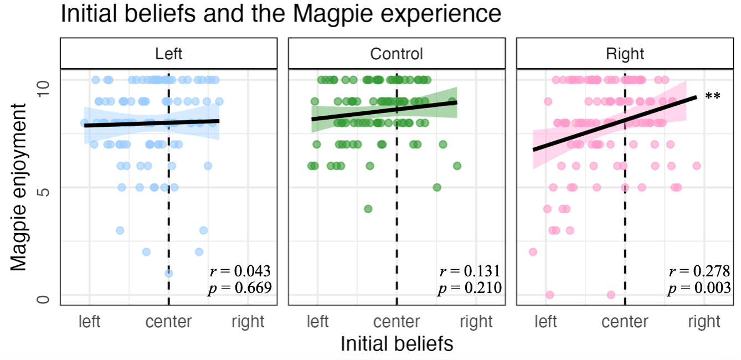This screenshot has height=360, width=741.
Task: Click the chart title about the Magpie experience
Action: click(281, 14)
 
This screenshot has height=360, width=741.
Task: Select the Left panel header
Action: click(168, 54)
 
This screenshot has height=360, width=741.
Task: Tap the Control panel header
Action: click(397, 54)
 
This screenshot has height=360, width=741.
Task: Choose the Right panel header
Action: click(625, 54)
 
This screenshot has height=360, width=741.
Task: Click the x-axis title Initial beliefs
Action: click(397, 344)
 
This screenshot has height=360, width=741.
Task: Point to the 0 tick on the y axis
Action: click(47, 299)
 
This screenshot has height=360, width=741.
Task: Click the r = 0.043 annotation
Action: click(240, 271)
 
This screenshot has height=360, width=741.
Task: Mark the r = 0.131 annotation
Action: click(470, 271)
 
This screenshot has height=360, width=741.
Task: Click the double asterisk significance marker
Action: click(713, 96)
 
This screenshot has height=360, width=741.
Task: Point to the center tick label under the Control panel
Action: click(397, 321)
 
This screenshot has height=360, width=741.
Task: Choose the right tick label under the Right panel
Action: click(704, 321)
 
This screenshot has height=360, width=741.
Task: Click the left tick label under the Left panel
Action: click(90, 321)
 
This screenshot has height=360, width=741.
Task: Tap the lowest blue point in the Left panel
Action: click(168, 273)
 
